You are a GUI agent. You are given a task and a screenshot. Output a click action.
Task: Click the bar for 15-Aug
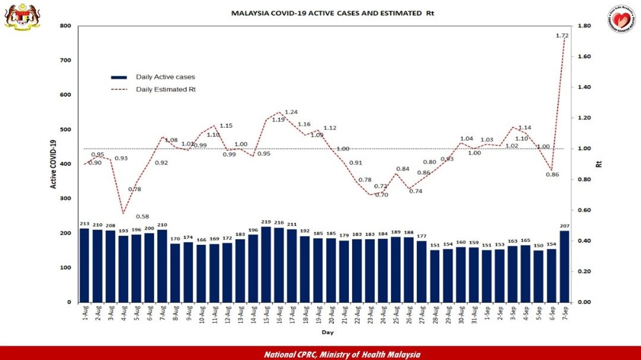(x=266, y=265)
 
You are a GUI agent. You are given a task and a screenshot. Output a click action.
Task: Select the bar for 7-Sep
(x=564, y=266)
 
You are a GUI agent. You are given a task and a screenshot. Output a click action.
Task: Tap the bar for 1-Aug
(x=84, y=265)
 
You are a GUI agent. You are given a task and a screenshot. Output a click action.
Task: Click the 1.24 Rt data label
(x=291, y=112)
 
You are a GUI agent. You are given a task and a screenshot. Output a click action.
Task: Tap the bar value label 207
(x=564, y=227)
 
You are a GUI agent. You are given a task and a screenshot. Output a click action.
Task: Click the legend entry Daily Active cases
(x=165, y=77)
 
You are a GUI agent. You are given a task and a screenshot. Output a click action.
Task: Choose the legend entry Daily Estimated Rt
(x=166, y=90)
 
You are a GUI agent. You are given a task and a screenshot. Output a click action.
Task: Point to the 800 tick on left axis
(x=65, y=26)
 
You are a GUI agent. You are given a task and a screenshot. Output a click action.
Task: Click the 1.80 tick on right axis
(x=585, y=26)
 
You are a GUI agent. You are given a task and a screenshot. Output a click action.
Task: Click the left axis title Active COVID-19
(x=53, y=164)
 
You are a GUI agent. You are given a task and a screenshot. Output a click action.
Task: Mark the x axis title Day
(x=327, y=333)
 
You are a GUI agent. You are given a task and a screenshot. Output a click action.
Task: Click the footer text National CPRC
(x=342, y=354)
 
